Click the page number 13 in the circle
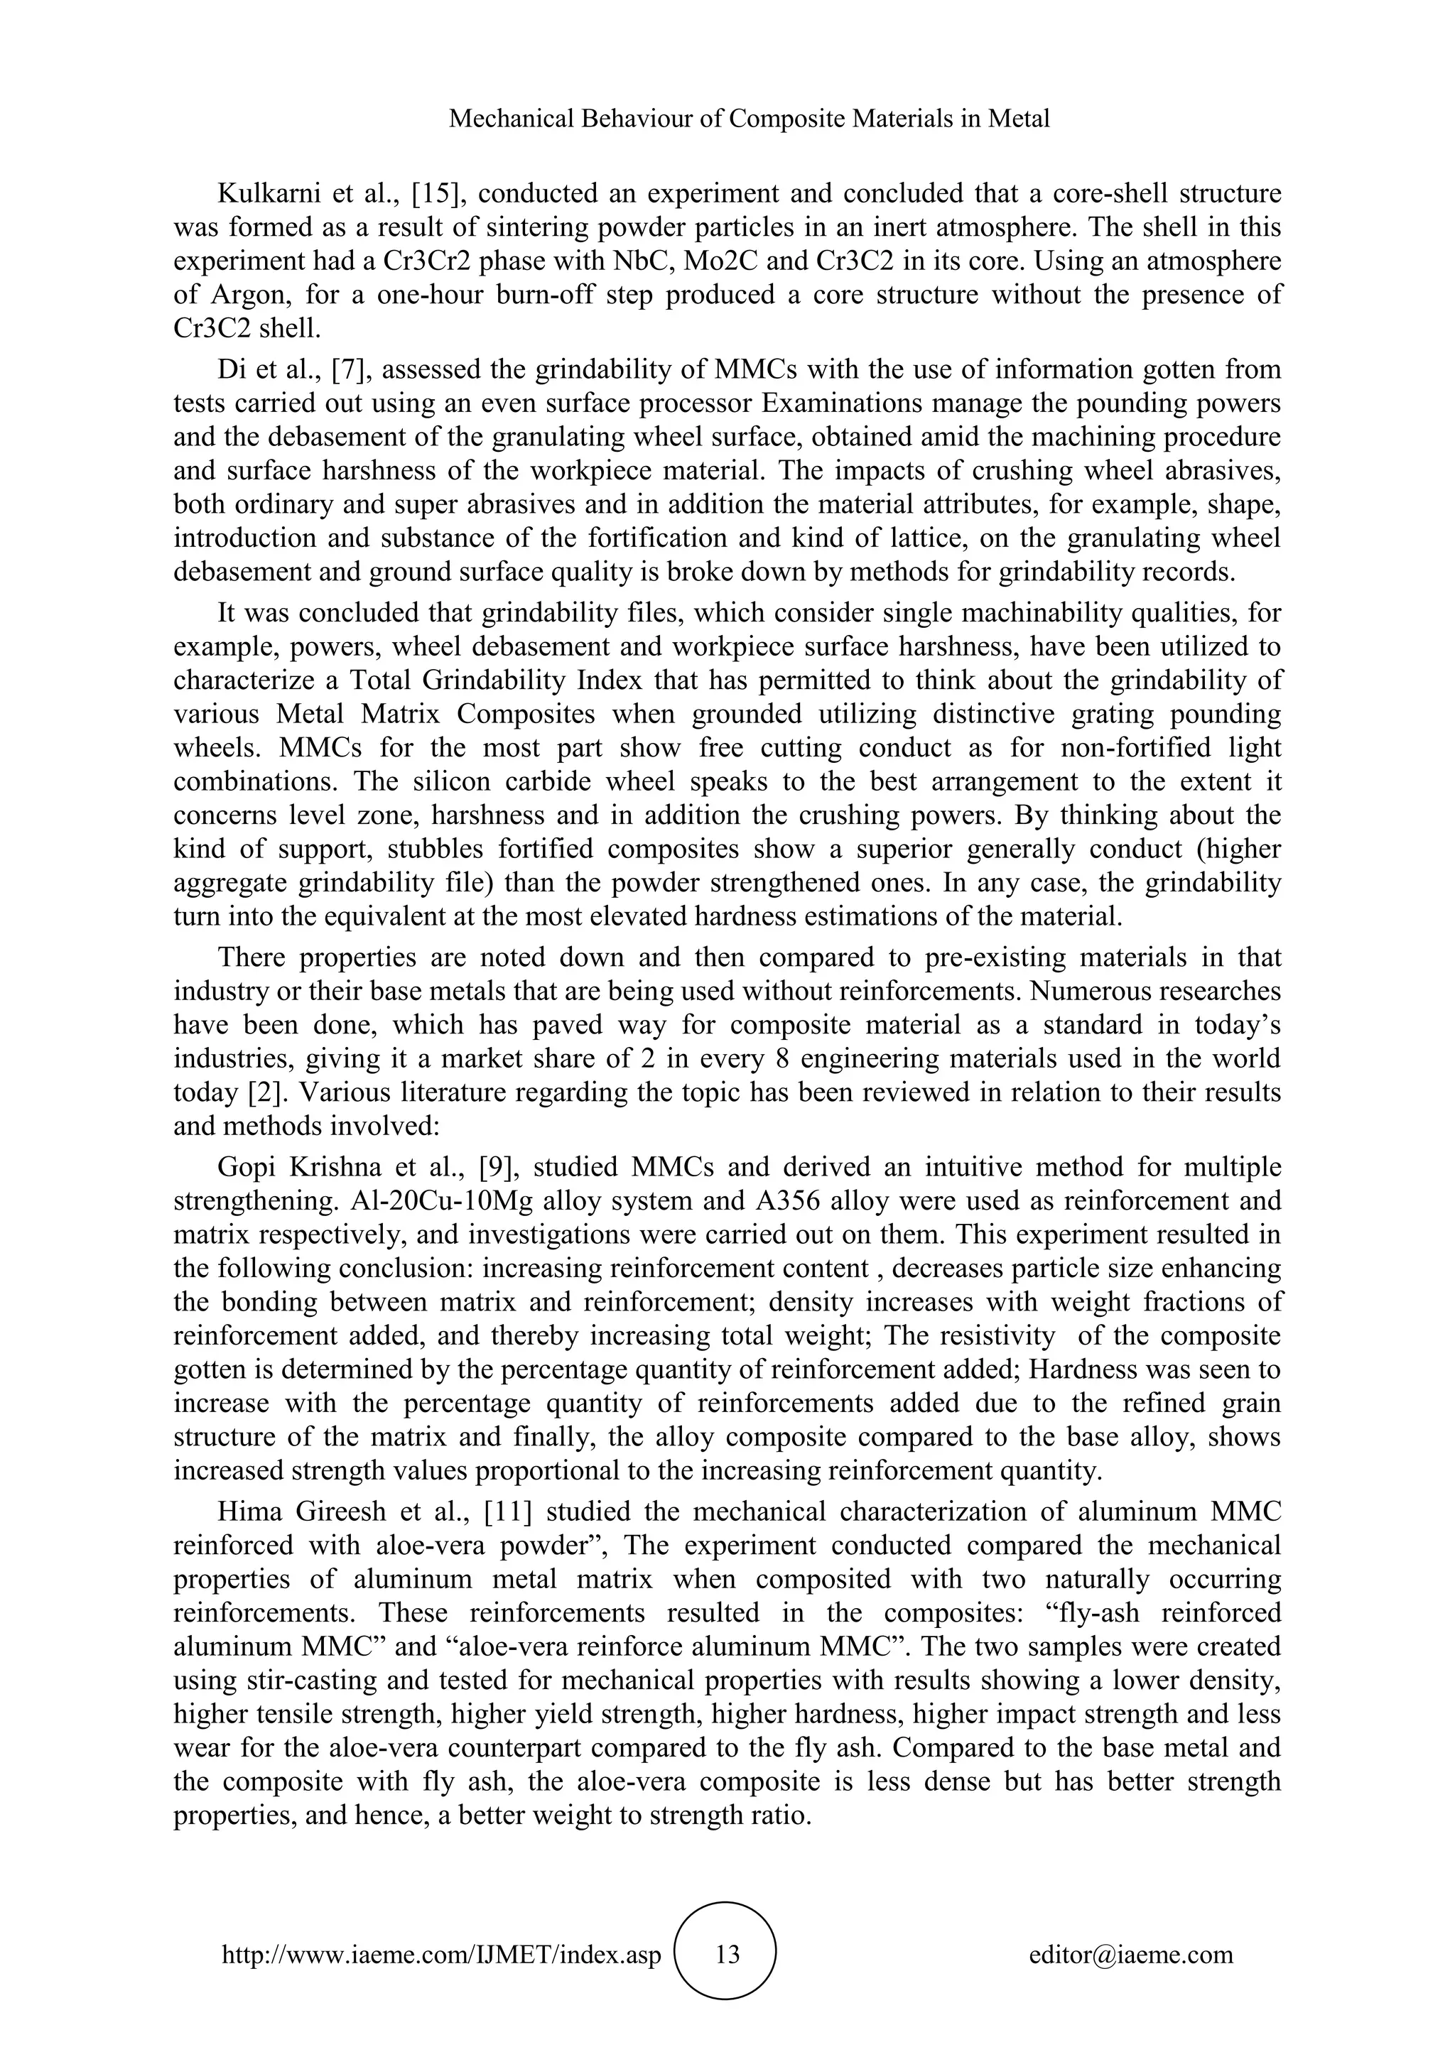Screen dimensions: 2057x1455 (728, 1955)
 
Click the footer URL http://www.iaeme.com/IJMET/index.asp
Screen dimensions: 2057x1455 (440, 1955)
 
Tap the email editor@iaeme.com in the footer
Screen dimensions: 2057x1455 (1130, 1955)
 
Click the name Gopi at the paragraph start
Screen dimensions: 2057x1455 (246, 1168)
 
